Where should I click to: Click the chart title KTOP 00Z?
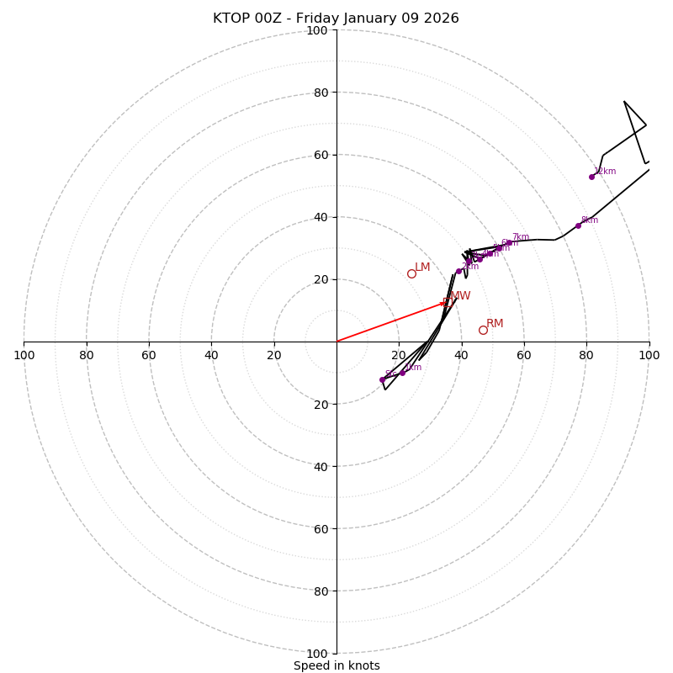pos(336,19)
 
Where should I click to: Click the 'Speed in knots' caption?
pos(336,665)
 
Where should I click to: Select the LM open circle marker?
pos(411,273)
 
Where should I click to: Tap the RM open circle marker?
pos(483,330)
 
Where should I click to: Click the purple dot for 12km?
pos(591,177)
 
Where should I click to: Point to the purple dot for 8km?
pos(578,225)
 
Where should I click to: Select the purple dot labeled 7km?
pos(509,242)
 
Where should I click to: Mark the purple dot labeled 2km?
pos(458,271)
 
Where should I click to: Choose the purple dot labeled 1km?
pos(402,373)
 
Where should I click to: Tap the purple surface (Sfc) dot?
pos(382,379)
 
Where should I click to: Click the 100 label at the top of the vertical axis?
pos(317,30)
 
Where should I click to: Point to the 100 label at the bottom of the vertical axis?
pos(317,654)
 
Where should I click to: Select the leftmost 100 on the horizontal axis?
pos(24,355)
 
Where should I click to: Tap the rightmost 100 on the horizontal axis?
pos(649,355)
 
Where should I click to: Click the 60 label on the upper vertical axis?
pos(321,155)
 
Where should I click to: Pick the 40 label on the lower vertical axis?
pos(321,466)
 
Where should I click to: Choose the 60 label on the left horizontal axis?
pos(149,355)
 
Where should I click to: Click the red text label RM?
pos(495,324)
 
